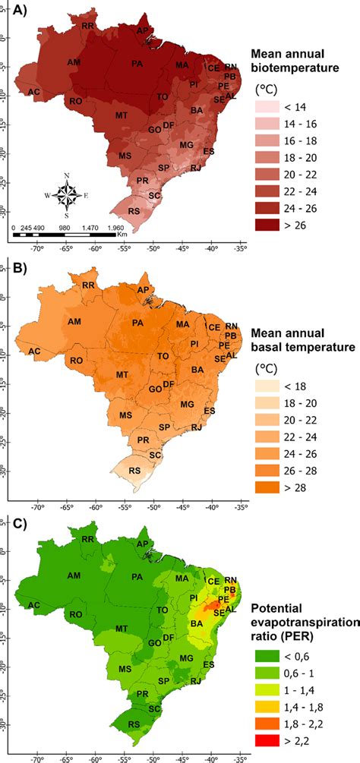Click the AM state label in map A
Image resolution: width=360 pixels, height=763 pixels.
pos(74,62)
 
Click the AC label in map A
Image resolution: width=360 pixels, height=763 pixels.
pos(33,93)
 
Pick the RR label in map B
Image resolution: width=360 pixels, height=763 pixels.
pos(90,285)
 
